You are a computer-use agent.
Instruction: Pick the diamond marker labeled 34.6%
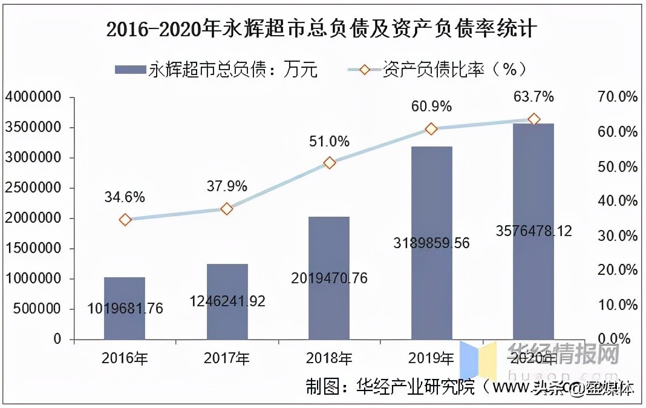[x=125, y=220]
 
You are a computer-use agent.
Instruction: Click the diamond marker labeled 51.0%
[x=330, y=163]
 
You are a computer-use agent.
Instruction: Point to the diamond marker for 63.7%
[x=534, y=119]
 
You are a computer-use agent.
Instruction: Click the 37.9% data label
[x=226, y=186]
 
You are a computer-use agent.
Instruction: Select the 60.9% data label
[x=431, y=107]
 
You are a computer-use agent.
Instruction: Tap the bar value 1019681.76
[x=125, y=309]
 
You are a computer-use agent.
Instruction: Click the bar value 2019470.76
[x=329, y=278]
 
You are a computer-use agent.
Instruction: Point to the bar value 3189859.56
[x=431, y=243]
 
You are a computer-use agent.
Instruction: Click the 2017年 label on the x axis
[x=227, y=359]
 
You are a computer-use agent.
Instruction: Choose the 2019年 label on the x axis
[x=431, y=359]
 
